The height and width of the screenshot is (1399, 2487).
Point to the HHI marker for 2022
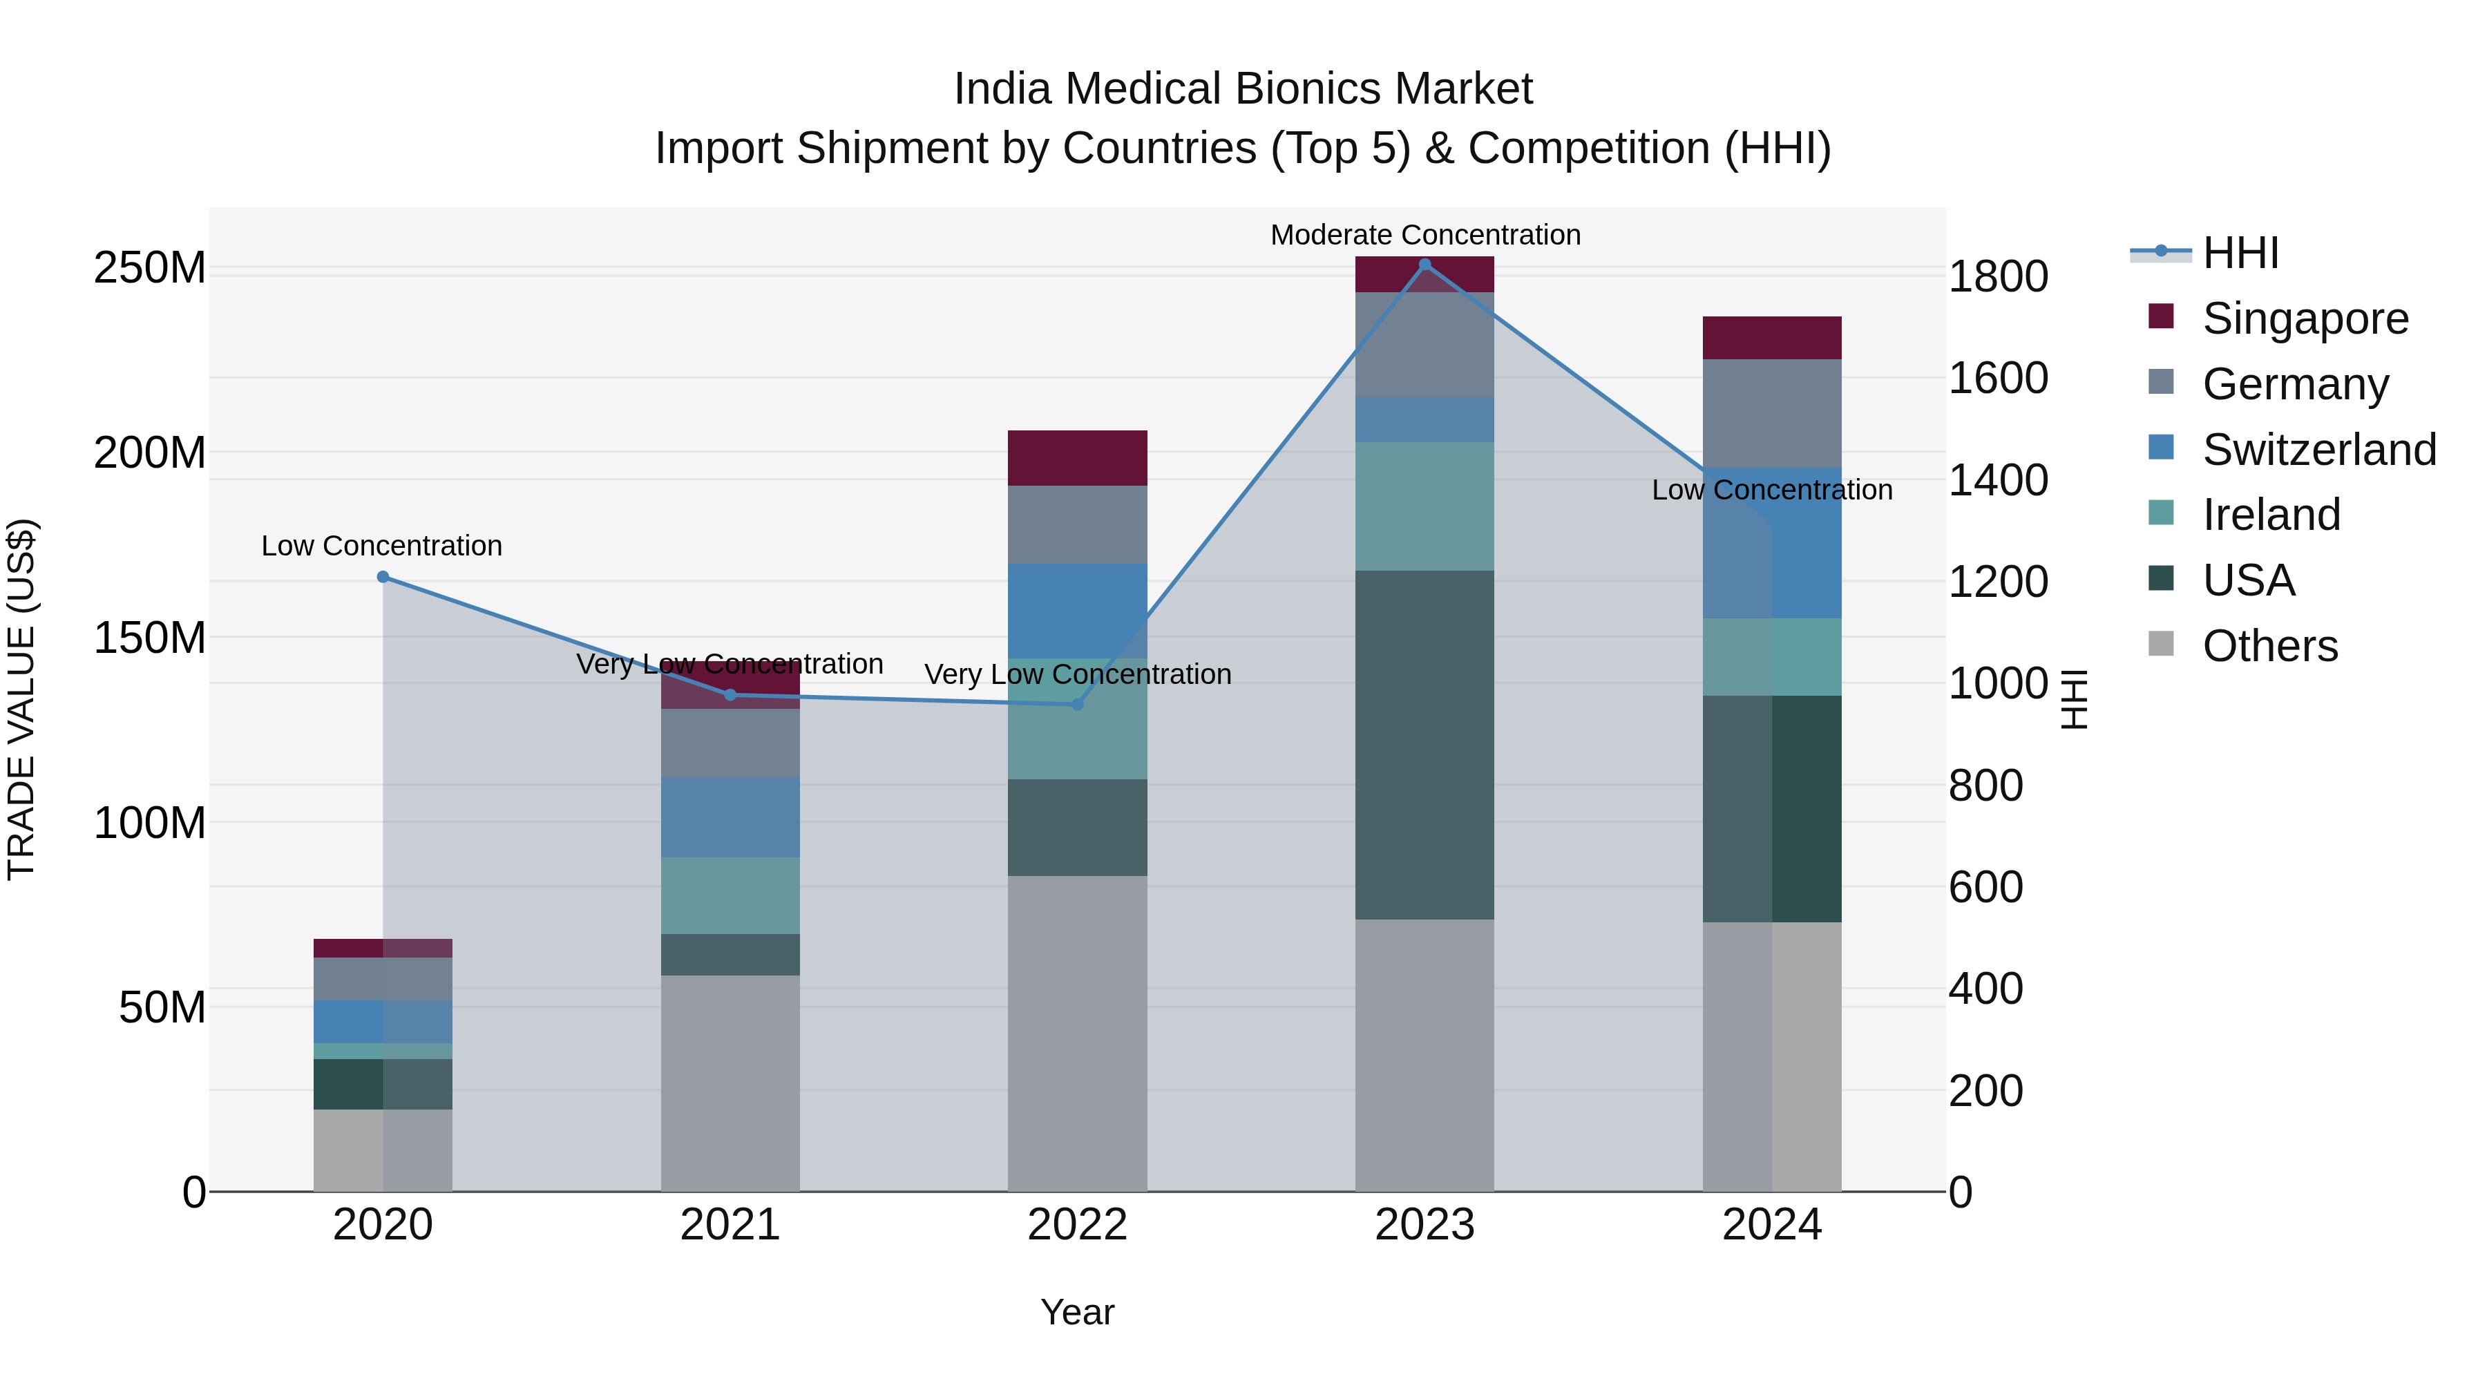pyautogui.click(x=1078, y=704)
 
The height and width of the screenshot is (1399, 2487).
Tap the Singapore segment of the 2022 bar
pyautogui.click(x=1078, y=457)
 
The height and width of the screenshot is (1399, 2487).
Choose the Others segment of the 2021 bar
pyautogui.click(x=730, y=1083)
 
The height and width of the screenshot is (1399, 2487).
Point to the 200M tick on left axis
pyautogui.click(x=150, y=453)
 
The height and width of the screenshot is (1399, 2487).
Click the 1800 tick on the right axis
pyautogui.click(x=1997, y=277)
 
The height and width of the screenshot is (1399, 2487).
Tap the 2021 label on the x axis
pyautogui.click(x=730, y=1225)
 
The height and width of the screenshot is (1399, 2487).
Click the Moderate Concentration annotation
pyautogui.click(x=1425, y=235)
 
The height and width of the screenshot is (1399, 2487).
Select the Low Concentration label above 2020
pyautogui.click(x=381, y=546)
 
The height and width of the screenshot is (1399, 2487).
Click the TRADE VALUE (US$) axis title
pyautogui.click(x=21, y=699)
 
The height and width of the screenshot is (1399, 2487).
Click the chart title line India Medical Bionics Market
pyautogui.click(x=1243, y=89)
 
